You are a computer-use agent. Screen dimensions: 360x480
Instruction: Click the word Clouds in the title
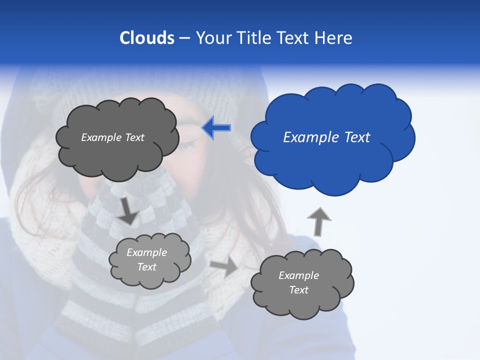tap(146, 38)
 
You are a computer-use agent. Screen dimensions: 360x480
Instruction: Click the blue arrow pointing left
tap(216, 128)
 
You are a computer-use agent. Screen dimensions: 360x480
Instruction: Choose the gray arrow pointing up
tap(318, 221)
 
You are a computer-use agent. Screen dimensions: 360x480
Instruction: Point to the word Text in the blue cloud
tap(356, 137)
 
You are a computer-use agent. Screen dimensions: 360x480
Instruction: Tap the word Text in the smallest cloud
tap(146, 267)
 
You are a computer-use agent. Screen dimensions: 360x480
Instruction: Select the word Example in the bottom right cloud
tap(298, 275)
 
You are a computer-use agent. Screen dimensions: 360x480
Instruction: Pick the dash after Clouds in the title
tap(184, 38)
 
